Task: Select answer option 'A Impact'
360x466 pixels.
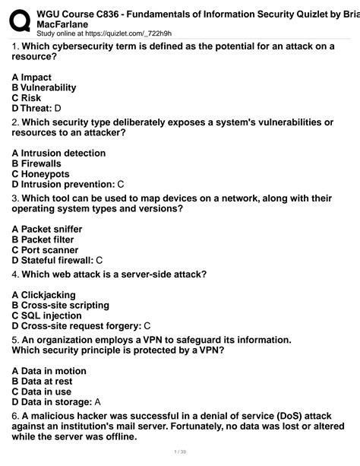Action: pos(32,77)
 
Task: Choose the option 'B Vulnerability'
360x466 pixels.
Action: pos(44,87)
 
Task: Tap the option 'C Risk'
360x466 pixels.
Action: pos(26,98)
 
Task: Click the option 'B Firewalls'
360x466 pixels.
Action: pos(36,163)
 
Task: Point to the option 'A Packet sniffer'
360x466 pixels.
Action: pos(47,229)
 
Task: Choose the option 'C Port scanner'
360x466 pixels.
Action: pos(45,249)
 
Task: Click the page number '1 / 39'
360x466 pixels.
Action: pos(180,452)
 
